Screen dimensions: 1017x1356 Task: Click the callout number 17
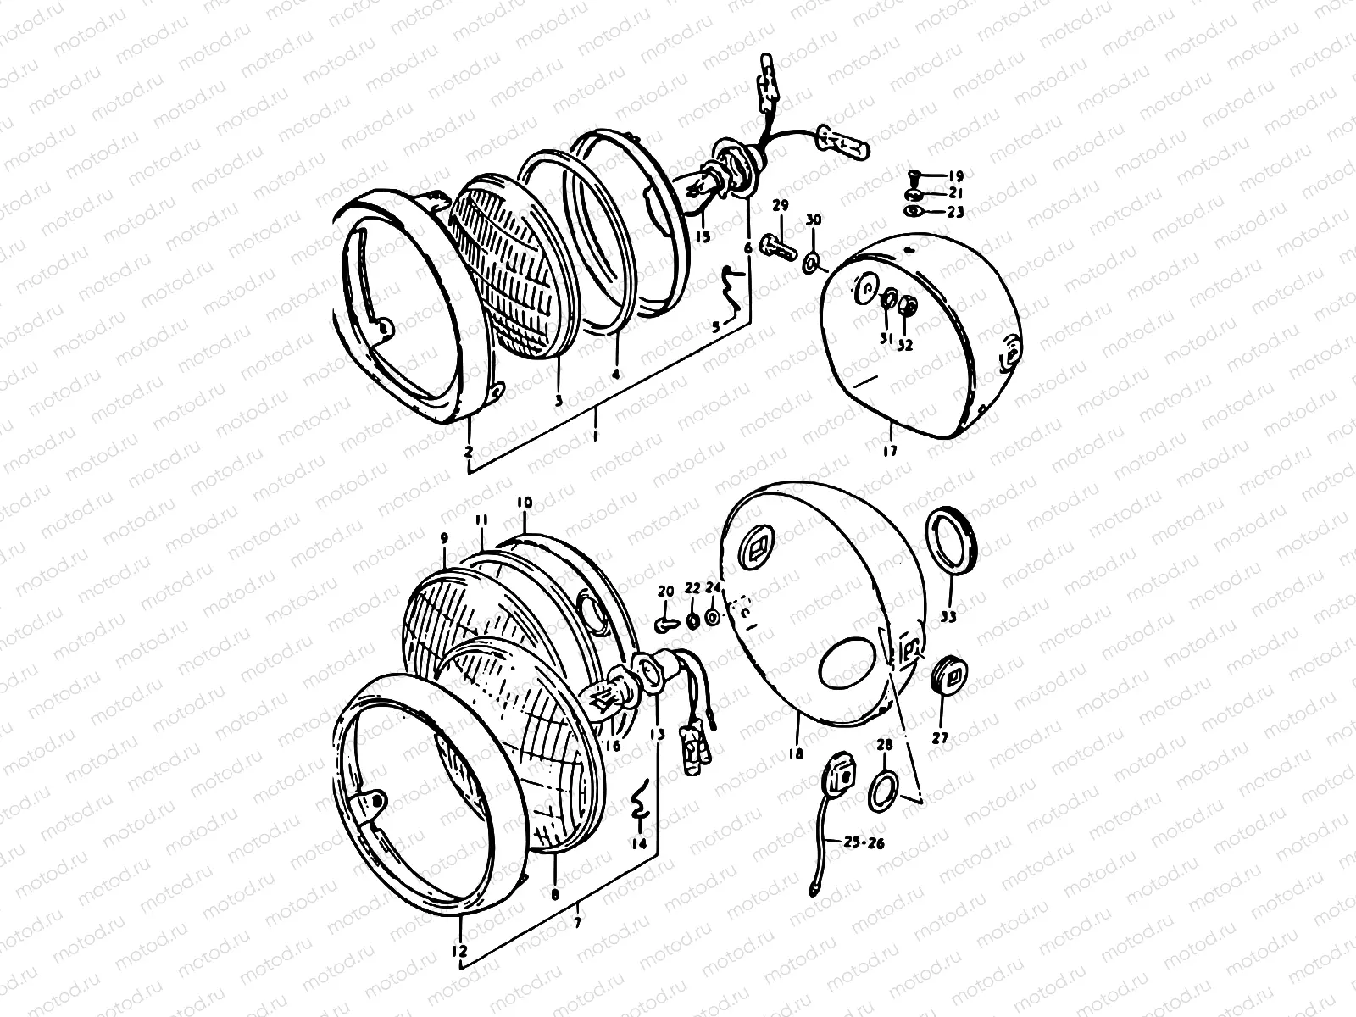pyautogui.click(x=889, y=451)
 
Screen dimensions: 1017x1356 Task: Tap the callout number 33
pyautogui.click(x=948, y=617)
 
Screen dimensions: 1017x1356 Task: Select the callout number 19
pyautogui.click(x=956, y=177)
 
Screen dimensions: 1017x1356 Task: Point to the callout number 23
pyautogui.click(x=956, y=213)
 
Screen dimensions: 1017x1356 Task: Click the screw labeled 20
pyautogui.click(x=664, y=625)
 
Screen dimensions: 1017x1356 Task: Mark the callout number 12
pyautogui.click(x=459, y=952)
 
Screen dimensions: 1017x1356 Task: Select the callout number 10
pyautogui.click(x=524, y=503)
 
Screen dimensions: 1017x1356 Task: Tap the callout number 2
pyautogui.click(x=469, y=452)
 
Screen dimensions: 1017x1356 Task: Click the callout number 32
pyautogui.click(x=906, y=345)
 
